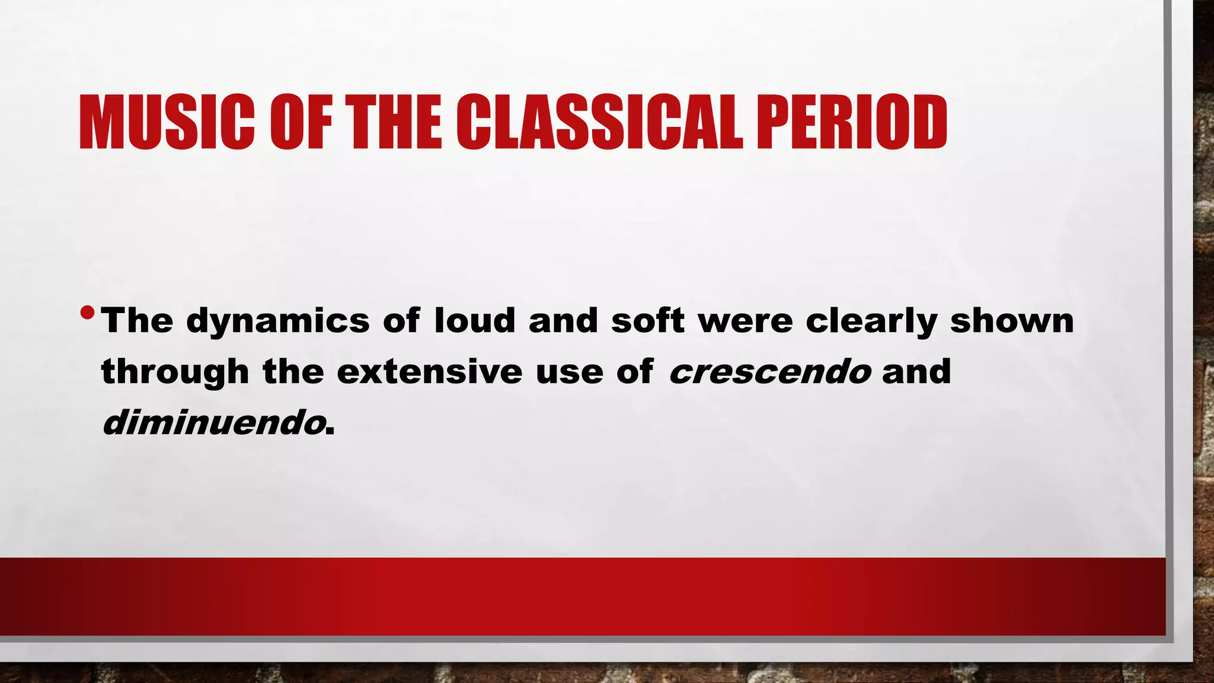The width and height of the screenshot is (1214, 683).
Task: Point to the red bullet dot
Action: (87, 312)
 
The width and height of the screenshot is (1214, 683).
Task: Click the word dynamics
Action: (278, 322)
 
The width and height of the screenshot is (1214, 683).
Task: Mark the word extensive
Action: (430, 372)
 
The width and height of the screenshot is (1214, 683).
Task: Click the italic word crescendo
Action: (769, 372)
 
